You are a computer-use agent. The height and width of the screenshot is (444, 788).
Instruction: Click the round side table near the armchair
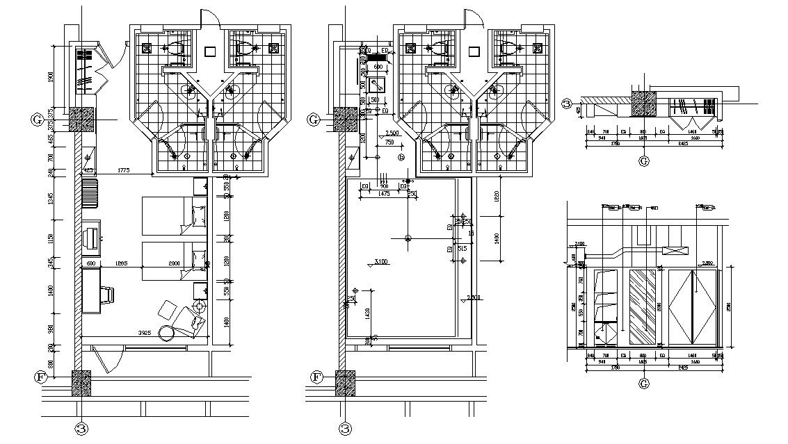click(168, 333)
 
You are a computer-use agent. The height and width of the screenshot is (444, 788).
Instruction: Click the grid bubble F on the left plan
click(40, 377)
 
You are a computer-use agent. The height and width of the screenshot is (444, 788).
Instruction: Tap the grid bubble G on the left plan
click(38, 120)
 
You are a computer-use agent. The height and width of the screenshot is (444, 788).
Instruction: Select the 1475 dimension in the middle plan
click(384, 194)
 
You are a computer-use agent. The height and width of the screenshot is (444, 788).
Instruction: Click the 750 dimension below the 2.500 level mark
click(388, 142)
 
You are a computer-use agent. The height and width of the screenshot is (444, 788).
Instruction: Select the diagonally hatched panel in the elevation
click(643, 306)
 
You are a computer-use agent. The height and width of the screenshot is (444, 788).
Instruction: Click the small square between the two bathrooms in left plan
click(211, 51)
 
